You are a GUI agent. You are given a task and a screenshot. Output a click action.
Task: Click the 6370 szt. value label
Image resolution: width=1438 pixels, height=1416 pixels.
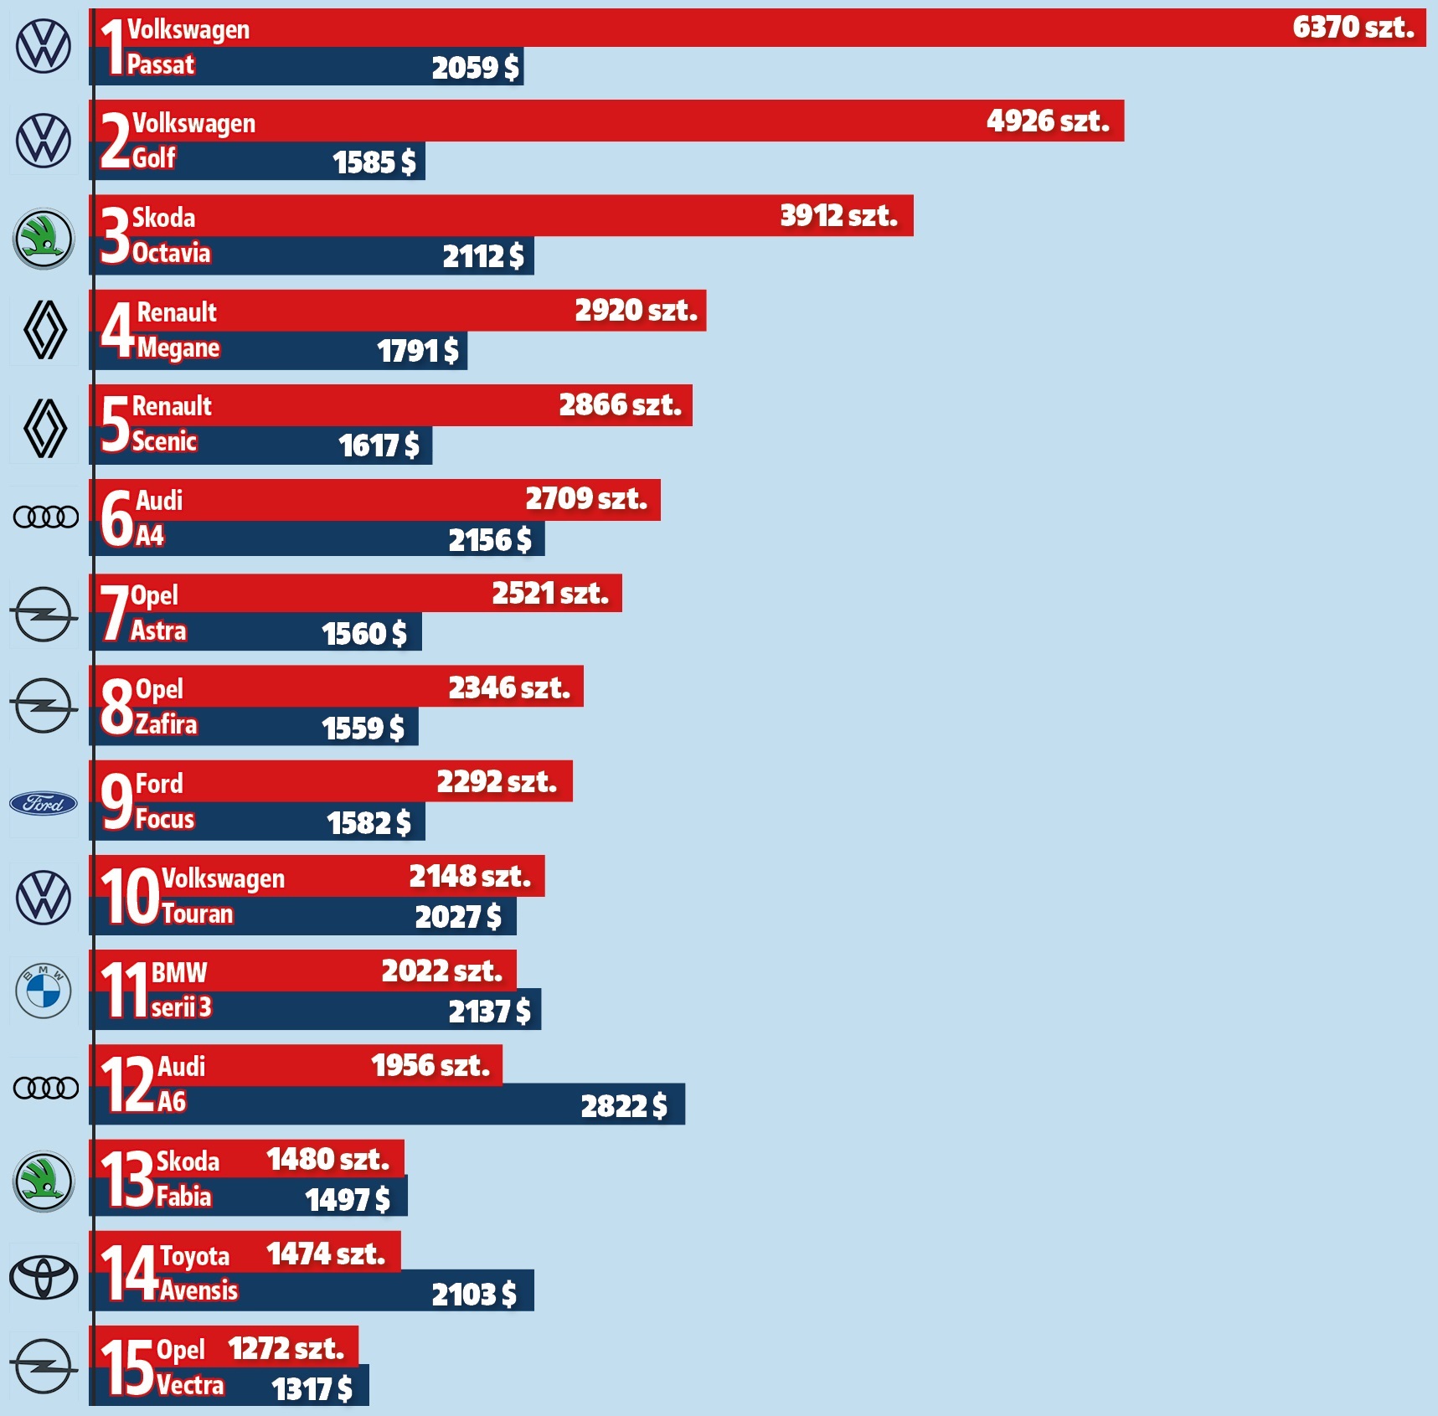(x=1353, y=28)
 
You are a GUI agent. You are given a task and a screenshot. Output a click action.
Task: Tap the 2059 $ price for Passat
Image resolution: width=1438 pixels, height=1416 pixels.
(x=475, y=67)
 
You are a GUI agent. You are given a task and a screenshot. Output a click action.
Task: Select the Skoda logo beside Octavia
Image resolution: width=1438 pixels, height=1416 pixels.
(x=44, y=239)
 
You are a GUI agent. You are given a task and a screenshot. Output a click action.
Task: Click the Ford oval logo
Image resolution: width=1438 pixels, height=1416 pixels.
(x=44, y=804)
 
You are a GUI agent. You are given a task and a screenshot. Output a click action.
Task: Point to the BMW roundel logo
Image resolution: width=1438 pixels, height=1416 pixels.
(x=44, y=991)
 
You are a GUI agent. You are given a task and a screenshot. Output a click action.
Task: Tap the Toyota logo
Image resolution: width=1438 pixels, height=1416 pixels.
(x=44, y=1277)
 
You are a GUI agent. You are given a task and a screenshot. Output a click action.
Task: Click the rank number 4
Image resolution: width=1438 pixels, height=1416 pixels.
(x=117, y=330)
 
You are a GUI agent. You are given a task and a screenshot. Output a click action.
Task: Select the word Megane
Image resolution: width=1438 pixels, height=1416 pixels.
(x=178, y=348)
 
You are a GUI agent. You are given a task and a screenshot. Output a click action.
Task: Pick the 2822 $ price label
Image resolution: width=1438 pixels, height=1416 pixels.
(x=624, y=1106)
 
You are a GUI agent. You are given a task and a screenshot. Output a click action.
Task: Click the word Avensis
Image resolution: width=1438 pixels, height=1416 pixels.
(x=199, y=1290)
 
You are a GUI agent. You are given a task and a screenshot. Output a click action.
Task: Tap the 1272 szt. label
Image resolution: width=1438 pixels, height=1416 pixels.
(x=286, y=1348)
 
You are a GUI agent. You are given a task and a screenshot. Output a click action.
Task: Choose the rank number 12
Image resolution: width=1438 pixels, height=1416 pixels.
(x=127, y=1084)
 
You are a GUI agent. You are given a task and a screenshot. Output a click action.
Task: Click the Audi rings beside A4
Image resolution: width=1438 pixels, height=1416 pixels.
(x=46, y=517)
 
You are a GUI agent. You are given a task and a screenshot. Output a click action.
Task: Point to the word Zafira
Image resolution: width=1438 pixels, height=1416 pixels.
(x=167, y=724)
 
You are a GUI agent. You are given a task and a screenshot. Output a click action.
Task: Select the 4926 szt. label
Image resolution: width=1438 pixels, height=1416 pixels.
(x=1048, y=121)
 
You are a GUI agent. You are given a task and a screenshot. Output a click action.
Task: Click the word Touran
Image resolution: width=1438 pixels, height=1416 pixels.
(x=198, y=914)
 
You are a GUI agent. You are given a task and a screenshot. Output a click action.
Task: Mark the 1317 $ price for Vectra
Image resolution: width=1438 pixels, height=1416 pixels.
(x=312, y=1389)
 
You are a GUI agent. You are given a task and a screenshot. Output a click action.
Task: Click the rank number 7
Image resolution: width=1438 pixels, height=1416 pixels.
(x=114, y=613)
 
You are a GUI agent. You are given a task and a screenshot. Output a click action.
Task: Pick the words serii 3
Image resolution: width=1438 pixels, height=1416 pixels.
(x=182, y=1007)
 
